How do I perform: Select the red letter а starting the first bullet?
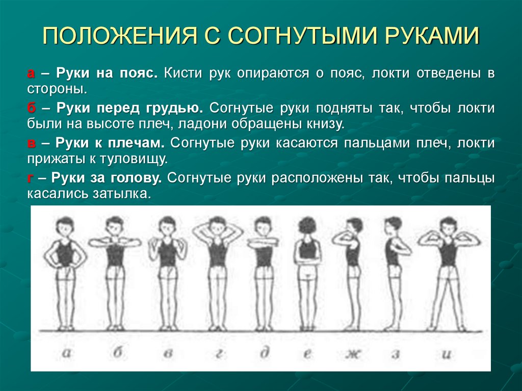point(31,73)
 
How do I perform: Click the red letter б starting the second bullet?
point(31,108)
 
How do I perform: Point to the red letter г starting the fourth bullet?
point(30,178)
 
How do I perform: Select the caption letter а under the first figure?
point(66,353)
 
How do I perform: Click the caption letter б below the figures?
point(117,353)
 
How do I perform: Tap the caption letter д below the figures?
point(265,353)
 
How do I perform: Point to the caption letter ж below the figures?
point(351,353)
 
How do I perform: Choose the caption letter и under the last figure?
point(447,353)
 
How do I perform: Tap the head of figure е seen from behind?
point(308,225)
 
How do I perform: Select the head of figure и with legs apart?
point(448,225)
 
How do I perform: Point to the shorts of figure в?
point(167,273)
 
